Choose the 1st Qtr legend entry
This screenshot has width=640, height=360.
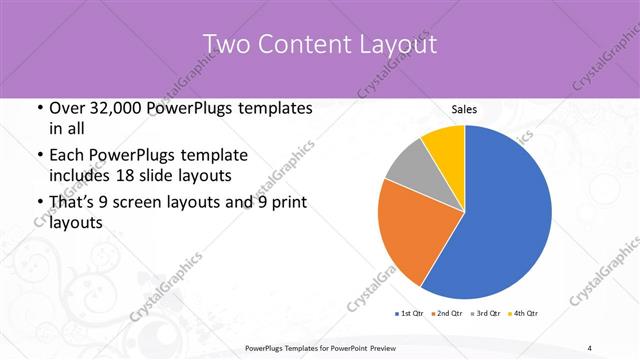409,313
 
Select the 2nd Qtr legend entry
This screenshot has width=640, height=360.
446,313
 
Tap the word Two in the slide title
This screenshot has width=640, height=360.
227,45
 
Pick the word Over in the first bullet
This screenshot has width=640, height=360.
69,108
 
